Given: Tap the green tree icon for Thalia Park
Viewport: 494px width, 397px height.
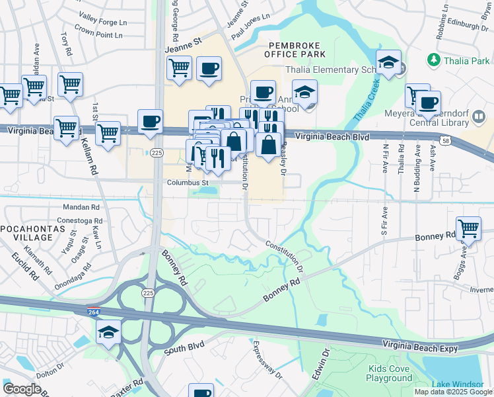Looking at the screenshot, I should [434, 61].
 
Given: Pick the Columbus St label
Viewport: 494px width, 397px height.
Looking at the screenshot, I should [187, 183].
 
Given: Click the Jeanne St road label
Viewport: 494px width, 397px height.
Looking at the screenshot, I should [183, 44].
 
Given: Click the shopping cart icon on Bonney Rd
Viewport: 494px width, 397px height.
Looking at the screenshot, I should [468, 229].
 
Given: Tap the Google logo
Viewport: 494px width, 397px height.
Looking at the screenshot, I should [22, 389].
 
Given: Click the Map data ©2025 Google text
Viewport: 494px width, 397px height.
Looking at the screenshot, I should [452, 392].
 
